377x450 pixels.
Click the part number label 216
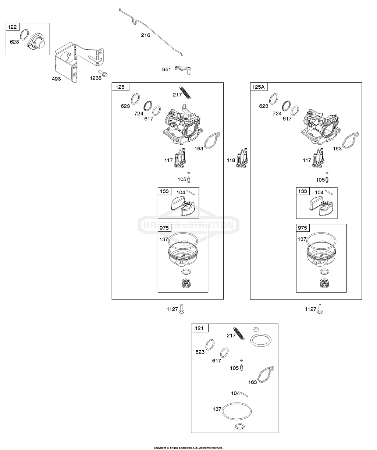click(x=146, y=35)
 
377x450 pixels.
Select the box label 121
click(x=199, y=328)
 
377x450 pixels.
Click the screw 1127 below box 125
click(x=182, y=309)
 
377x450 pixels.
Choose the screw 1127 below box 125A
click(x=320, y=309)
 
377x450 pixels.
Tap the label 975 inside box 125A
click(x=302, y=228)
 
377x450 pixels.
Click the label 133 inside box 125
click(x=164, y=191)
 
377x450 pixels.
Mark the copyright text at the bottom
click(x=188, y=447)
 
